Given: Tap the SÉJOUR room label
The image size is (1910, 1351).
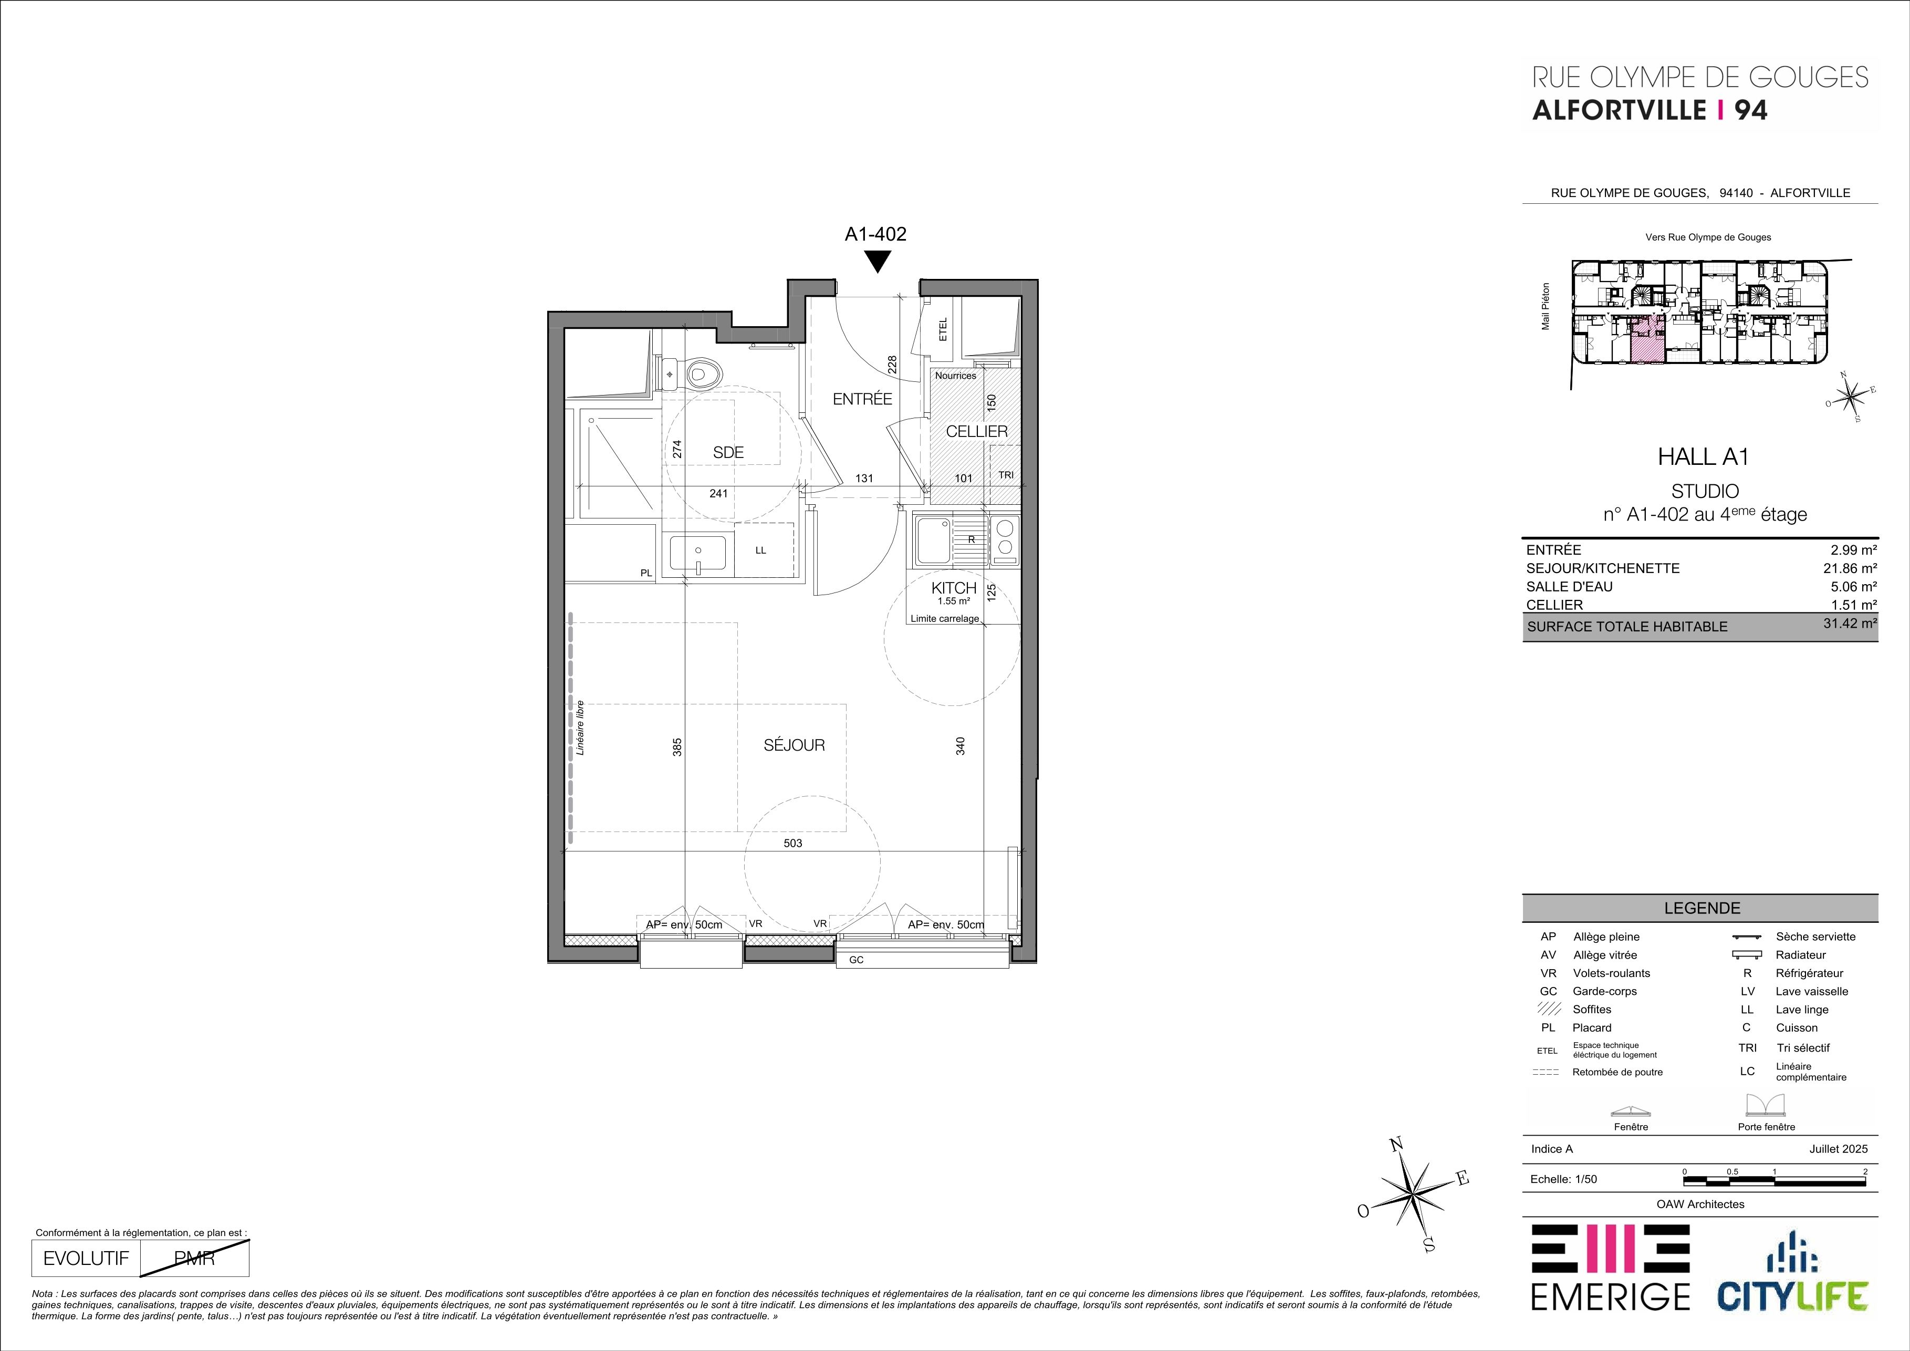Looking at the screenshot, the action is coord(795,745).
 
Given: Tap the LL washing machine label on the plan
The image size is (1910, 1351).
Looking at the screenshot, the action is coord(760,550).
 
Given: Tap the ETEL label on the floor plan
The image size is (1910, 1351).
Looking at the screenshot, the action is coord(943,331).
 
